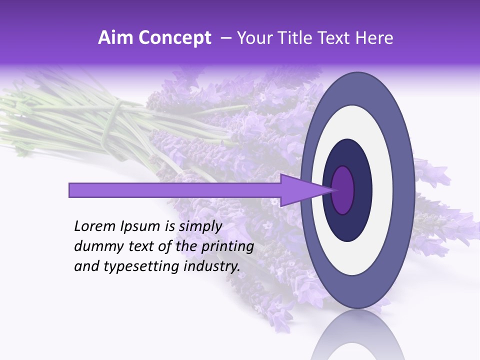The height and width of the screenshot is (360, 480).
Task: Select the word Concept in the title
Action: [174, 38]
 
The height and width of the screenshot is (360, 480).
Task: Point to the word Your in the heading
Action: [252, 38]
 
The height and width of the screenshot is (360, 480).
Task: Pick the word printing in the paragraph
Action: [227, 247]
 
